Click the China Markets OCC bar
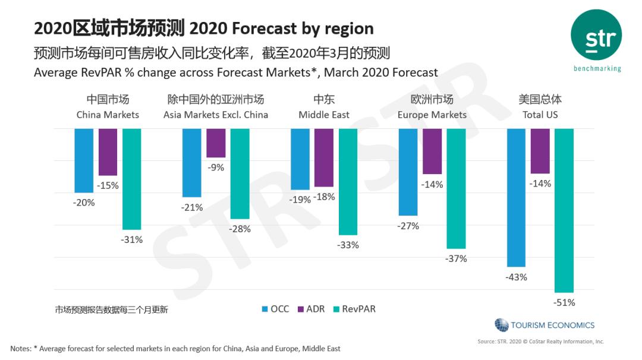84,160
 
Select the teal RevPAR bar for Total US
564,210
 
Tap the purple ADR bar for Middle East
324,157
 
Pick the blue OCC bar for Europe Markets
408,172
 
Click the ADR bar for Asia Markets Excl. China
216,143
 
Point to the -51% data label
564,302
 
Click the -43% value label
516,277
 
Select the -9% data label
216,168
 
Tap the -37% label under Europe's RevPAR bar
456,258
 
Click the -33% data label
348,245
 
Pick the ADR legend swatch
300,309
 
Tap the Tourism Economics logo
545,325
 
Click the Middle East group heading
324,107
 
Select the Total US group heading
540,107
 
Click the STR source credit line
540,342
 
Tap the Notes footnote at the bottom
175,348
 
